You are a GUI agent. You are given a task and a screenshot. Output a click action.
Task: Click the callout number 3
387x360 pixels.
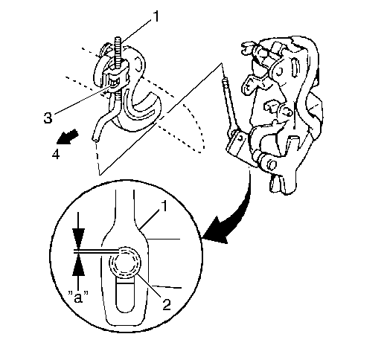tap(48, 118)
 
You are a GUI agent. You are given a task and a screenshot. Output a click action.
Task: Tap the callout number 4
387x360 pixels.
tap(56, 155)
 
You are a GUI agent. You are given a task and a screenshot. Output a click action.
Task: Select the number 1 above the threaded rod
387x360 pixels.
tap(156, 16)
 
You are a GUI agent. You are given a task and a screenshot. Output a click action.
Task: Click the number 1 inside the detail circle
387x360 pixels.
tap(164, 206)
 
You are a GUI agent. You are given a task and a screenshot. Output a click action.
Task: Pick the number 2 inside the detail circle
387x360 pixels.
tap(167, 304)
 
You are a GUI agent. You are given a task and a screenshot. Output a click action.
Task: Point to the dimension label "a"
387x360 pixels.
tap(78, 297)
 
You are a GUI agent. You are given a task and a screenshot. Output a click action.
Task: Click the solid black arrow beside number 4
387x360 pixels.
tap(68, 137)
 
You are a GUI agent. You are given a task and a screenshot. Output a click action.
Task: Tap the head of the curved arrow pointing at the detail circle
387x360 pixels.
tap(217, 231)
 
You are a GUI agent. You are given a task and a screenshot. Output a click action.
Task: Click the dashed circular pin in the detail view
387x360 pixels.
tap(125, 264)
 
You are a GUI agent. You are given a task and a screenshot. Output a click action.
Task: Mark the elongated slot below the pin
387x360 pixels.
tap(126, 295)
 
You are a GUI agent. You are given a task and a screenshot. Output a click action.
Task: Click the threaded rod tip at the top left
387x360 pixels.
tap(118, 39)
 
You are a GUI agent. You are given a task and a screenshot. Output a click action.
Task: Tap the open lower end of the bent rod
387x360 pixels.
tap(95, 140)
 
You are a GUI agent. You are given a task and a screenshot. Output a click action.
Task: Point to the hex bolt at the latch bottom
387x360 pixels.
tap(272, 164)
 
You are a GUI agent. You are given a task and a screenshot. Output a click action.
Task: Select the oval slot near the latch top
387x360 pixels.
tap(295, 66)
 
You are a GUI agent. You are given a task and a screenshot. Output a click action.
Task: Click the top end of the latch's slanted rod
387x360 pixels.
tap(225, 80)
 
